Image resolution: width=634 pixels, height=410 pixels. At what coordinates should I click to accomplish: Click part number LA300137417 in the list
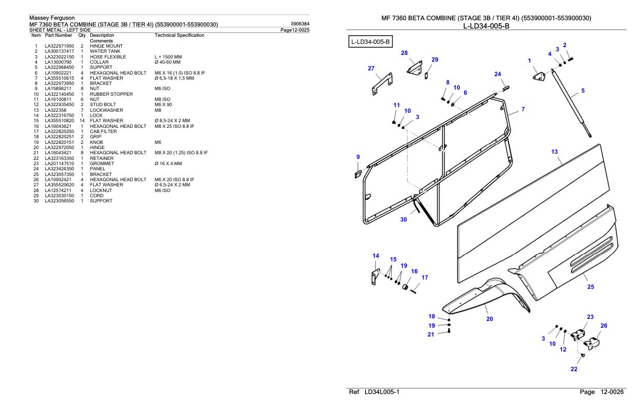pyautogui.click(x=59, y=51)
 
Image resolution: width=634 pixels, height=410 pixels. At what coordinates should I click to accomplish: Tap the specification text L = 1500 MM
pyautogui.click(x=167, y=56)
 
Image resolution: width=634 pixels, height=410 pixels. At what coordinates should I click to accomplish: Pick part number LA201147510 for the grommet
pyautogui.click(x=59, y=164)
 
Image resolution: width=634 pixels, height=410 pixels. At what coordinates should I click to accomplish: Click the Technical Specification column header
pyautogui.click(x=179, y=35)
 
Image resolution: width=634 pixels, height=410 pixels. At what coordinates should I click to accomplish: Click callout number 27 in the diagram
pyautogui.click(x=371, y=68)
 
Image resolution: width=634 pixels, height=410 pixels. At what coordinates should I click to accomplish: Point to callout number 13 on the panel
pyautogui.click(x=554, y=152)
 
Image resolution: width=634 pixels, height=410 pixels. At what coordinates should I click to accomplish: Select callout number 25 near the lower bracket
pyautogui.click(x=591, y=287)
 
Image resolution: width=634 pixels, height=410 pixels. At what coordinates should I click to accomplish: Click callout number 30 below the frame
pyautogui.click(x=404, y=219)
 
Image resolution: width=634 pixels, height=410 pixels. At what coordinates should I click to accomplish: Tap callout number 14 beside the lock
pyautogui.click(x=376, y=256)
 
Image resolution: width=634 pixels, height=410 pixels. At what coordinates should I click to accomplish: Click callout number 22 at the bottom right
pyautogui.click(x=573, y=369)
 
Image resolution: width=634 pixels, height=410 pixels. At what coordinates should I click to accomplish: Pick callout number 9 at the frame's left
pyautogui.click(x=357, y=157)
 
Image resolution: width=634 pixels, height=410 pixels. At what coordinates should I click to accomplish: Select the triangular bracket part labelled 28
pyautogui.click(x=414, y=68)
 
